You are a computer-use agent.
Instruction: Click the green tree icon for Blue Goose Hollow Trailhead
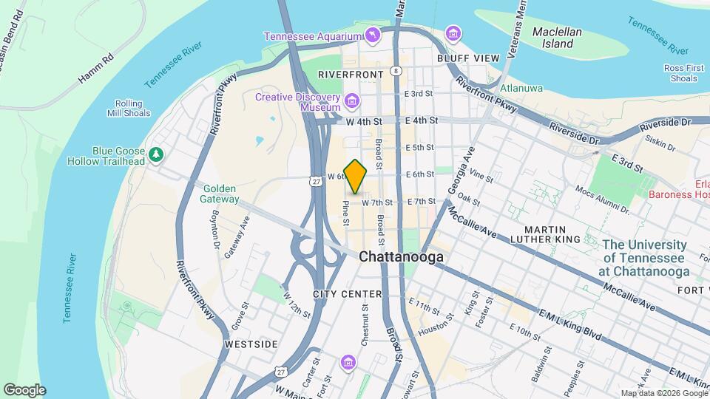[155, 154]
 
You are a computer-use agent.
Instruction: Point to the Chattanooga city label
[402, 257]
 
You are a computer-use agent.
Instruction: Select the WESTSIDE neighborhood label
[251, 344]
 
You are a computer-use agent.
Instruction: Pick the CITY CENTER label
[347, 294]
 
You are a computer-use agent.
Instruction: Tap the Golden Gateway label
[220, 194]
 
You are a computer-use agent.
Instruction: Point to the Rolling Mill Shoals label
[133, 109]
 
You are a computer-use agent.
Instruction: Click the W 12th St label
[297, 304]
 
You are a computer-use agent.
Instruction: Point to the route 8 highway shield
[396, 71]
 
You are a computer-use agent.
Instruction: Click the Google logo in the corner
[24, 390]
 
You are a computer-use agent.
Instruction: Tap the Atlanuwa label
[521, 88]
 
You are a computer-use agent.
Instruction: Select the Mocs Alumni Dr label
[600, 199]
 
